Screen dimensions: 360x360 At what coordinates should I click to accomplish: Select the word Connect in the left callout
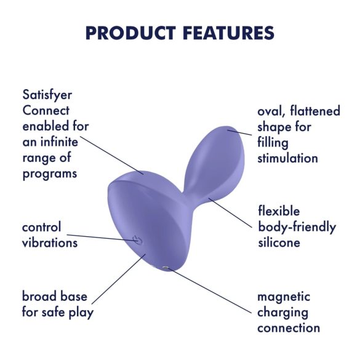(46, 111)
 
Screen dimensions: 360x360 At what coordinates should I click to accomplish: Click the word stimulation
(288, 158)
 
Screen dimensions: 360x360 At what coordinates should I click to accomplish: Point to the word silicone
(279, 242)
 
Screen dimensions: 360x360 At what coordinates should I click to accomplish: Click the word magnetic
(284, 297)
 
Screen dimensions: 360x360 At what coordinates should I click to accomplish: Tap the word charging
(283, 312)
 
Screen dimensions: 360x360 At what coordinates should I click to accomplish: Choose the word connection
(289, 327)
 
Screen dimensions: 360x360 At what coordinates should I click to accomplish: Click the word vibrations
(50, 242)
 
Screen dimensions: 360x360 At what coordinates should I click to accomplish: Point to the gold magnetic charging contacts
(166, 266)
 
